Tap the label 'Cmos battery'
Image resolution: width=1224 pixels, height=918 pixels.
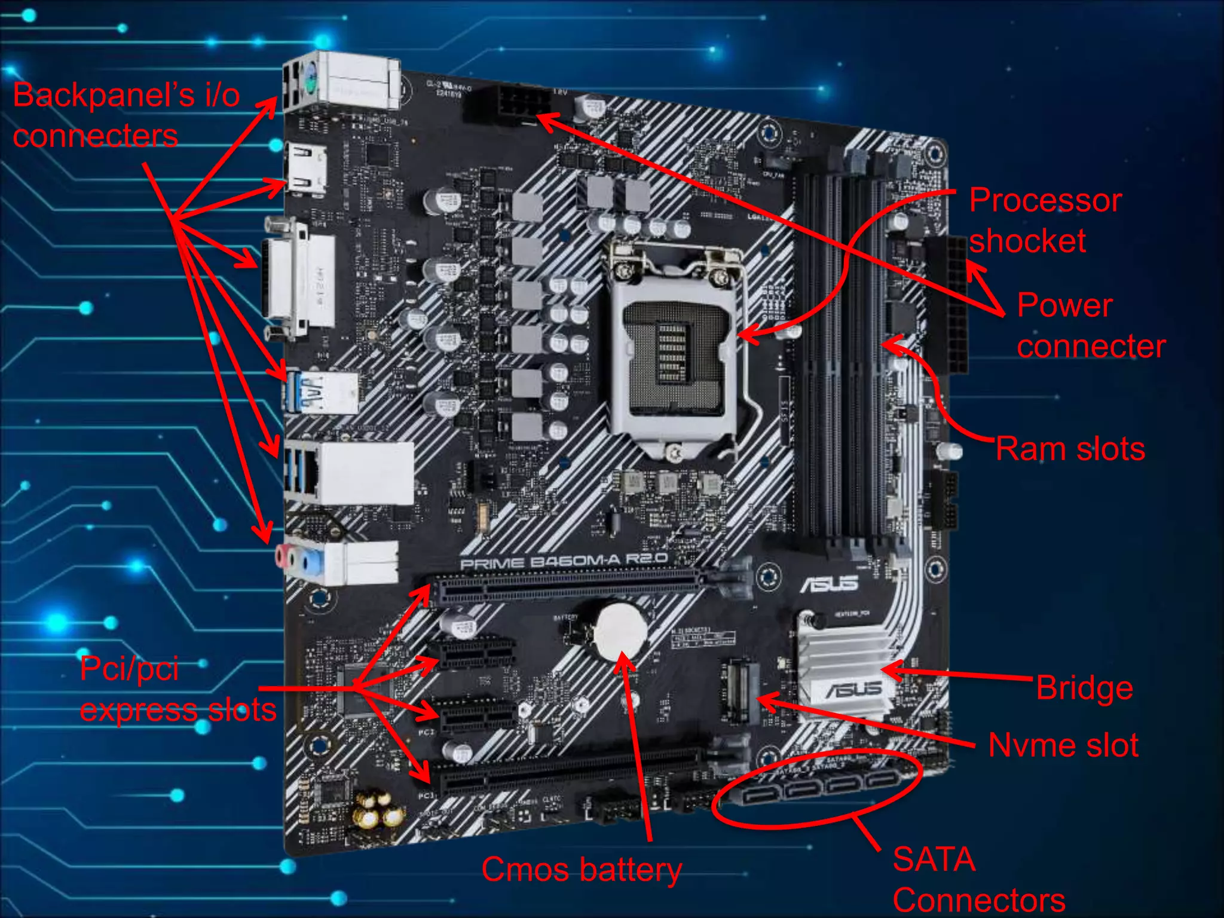click(581, 870)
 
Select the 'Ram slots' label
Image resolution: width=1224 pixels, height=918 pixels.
click(1070, 449)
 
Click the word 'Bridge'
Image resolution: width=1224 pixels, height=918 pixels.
click(1084, 688)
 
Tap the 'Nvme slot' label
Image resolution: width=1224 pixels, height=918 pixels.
click(1063, 745)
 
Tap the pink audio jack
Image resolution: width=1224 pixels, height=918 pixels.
click(281, 558)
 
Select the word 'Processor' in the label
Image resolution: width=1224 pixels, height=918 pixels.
click(1045, 200)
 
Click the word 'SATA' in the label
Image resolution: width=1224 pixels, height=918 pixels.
click(934, 859)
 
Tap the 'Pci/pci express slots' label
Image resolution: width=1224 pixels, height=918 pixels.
click(178, 689)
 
